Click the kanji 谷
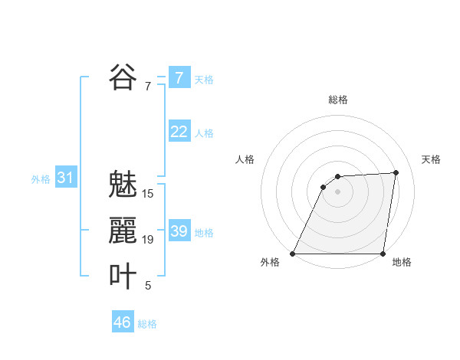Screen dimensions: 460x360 (x=123, y=77)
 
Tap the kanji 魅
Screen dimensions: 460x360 (x=123, y=185)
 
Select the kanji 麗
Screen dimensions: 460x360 (x=123, y=231)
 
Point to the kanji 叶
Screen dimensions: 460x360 (x=123, y=277)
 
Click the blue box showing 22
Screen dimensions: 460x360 (x=179, y=132)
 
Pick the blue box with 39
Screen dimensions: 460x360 (x=179, y=231)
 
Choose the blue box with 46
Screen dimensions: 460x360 (x=123, y=322)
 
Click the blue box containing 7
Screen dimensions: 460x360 (x=179, y=78)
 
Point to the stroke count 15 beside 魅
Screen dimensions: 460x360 (x=148, y=194)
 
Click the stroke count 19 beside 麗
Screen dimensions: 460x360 (x=148, y=240)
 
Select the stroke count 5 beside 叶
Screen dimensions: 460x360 (x=148, y=286)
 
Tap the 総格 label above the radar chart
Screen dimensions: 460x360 (x=338, y=100)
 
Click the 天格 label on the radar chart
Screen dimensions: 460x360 (x=432, y=159)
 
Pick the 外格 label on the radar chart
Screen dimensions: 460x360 (x=270, y=262)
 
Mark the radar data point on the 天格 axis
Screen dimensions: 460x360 (x=396, y=172)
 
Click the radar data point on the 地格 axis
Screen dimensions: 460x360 (x=383, y=254)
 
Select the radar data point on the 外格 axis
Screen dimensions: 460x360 (x=293, y=254)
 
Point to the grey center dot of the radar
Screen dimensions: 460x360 (x=338, y=191)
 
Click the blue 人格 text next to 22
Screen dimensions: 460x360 (x=204, y=133)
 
